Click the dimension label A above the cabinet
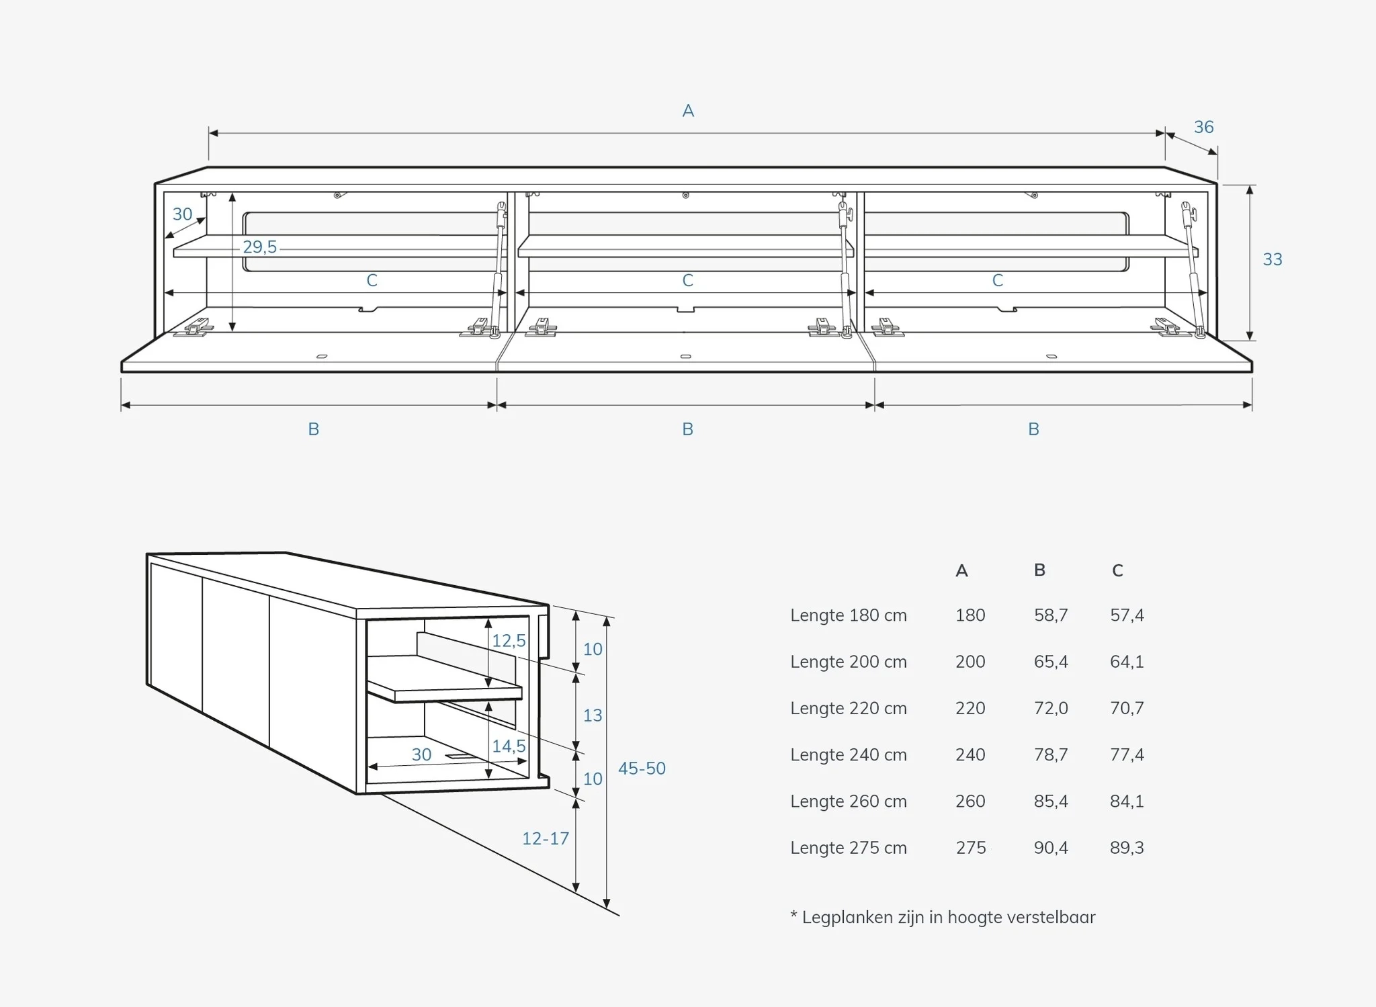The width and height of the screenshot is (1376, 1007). click(x=688, y=111)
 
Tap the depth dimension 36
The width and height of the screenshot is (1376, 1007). click(x=1203, y=127)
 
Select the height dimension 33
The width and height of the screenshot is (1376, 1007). click(x=1273, y=259)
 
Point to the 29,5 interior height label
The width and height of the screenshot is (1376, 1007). click(x=260, y=247)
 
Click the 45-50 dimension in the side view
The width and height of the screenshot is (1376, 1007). click(x=642, y=769)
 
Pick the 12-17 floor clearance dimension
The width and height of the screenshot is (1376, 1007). click(x=546, y=838)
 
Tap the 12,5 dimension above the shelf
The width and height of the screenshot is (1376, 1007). click(x=509, y=641)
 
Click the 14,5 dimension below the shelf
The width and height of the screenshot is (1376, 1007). click(x=509, y=746)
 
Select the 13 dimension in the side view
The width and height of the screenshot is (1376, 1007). click(x=593, y=715)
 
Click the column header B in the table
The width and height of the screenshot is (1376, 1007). click(x=1039, y=570)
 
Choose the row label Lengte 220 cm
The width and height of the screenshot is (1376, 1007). click(x=849, y=708)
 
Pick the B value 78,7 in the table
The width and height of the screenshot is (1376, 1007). click(x=1051, y=754)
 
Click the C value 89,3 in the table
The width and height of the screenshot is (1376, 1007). click(x=1127, y=848)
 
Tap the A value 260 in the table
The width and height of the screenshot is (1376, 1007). click(x=970, y=801)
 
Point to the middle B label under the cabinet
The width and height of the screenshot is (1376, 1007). click(x=687, y=429)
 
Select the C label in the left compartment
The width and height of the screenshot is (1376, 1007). click(x=372, y=281)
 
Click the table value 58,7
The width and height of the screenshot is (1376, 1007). click(x=1051, y=615)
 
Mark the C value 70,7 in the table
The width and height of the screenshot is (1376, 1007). click(x=1127, y=708)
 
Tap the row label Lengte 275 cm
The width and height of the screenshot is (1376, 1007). click(x=849, y=848)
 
